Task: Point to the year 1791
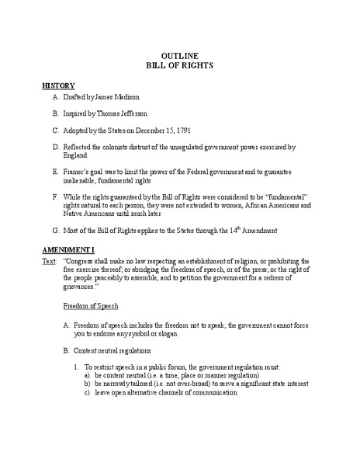[203, 130]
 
